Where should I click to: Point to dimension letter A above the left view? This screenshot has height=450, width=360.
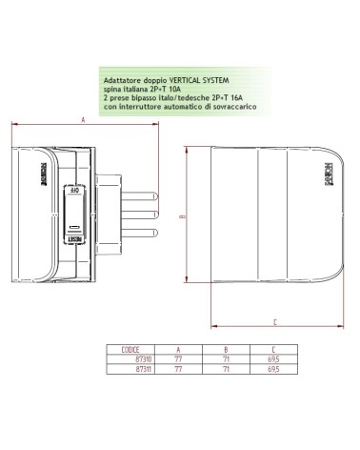83,121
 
